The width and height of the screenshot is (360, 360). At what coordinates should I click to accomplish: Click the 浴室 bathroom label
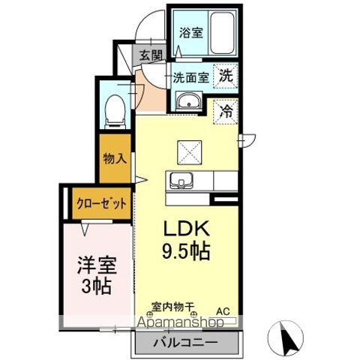click(191, 32)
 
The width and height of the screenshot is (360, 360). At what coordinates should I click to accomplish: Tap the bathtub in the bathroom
click(224, 32)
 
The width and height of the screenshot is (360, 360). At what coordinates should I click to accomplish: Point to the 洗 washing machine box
click(226, 75)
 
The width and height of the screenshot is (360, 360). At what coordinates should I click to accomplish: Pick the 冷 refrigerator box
click(226, 111)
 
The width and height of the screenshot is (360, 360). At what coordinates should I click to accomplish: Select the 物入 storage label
click(115, 159)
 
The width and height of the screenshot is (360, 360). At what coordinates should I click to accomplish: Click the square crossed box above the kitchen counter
click(189, 152)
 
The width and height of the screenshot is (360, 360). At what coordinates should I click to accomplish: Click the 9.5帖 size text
click(184, 252)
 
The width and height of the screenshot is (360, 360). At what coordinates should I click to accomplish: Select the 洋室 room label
click(95, 265)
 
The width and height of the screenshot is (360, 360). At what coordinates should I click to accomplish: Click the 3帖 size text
click(95, 286)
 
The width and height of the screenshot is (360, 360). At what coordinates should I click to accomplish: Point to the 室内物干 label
click(173, 307)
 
